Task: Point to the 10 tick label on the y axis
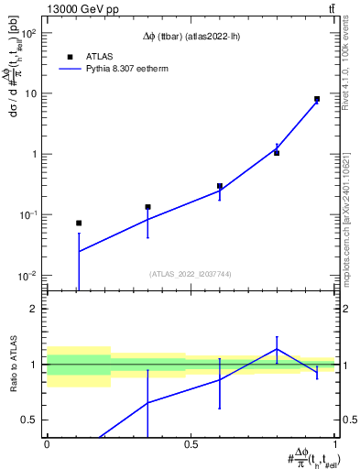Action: tap(29, 93)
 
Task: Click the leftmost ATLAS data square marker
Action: tap(79, 223)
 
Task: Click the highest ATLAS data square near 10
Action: tap(317, 99)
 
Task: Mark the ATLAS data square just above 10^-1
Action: tap(147, 207)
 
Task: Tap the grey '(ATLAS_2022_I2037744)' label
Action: tap(191, 274)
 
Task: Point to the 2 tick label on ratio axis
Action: tap(33, 309)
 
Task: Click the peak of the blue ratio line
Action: tap(277, 349)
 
